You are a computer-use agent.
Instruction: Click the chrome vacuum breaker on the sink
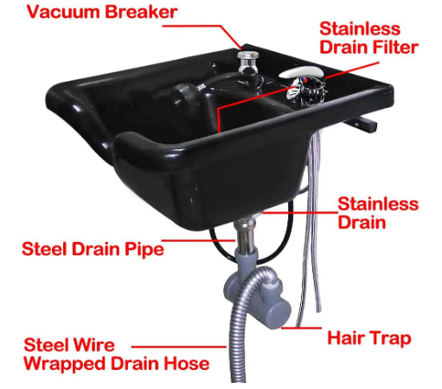pos(249,61)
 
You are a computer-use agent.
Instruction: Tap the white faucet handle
pos(300,73)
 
